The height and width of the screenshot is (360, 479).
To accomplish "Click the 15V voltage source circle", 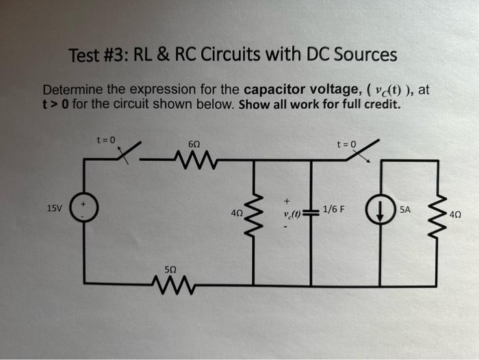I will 85,205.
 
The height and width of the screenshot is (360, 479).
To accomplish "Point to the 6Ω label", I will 194,144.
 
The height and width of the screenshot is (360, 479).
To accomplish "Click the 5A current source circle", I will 377,210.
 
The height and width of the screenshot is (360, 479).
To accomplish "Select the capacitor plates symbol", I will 311,211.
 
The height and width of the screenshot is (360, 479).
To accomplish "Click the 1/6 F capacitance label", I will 335,208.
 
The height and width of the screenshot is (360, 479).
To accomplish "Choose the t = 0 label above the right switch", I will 347,144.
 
